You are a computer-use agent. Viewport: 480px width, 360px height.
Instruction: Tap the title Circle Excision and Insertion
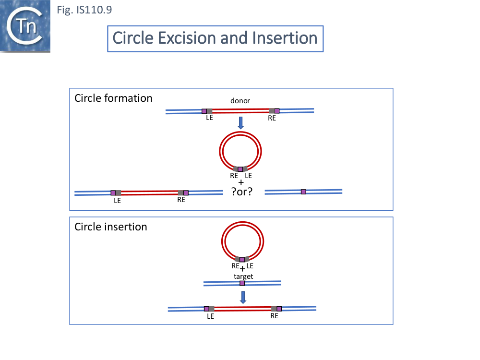tap(215, 38)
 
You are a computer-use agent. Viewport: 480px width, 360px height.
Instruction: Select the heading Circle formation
tap(113, 98)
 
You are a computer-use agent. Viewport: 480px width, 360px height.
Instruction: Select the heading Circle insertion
tap(111, 227)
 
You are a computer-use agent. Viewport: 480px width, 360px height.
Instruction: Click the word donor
tap(240, 101)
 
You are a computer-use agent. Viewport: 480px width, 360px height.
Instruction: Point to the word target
tap(243, 276)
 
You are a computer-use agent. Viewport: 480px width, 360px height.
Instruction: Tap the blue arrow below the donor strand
tap(241, 122)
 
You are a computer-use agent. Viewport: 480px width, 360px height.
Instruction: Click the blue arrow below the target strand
tap(243, 297)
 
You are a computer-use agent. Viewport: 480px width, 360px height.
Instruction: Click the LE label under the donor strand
tap(210, 118)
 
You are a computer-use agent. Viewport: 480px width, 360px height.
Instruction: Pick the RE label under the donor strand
tap(272, 118)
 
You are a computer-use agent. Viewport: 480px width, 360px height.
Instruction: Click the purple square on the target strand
tap(242, 283)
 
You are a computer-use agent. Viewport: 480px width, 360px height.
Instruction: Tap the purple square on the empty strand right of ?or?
tap(303, 192)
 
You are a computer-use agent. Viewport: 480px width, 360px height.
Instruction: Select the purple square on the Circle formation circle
tap(240, 169)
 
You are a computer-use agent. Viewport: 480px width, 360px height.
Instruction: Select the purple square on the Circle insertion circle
tap(242, 260)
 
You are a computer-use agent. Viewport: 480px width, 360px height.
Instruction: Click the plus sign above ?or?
tap(241, 183)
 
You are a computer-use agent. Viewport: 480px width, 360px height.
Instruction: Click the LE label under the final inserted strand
tap(210, 316)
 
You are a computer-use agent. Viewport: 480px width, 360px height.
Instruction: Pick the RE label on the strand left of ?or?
tap(181, 200)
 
